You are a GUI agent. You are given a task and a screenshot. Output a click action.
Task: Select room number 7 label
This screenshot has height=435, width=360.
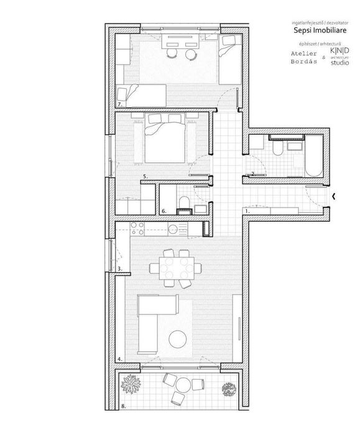(119, 103)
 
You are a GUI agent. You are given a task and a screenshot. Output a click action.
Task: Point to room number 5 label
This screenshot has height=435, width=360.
(144, 177)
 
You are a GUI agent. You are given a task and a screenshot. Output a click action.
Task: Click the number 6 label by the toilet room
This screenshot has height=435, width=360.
(164, 211)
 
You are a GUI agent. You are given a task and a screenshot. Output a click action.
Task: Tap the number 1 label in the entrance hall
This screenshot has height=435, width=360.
(246, 211)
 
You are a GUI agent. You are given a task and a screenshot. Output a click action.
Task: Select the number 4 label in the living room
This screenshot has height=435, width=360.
(119, 359)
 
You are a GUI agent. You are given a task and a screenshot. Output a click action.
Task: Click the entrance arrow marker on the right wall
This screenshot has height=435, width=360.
(334, 197)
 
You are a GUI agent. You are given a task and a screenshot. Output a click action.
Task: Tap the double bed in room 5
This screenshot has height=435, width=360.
(165, 140)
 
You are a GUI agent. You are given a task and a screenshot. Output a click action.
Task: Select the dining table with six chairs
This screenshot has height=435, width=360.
(175, 268)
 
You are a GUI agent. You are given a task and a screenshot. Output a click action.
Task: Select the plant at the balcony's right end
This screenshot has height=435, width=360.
(229, 388)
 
